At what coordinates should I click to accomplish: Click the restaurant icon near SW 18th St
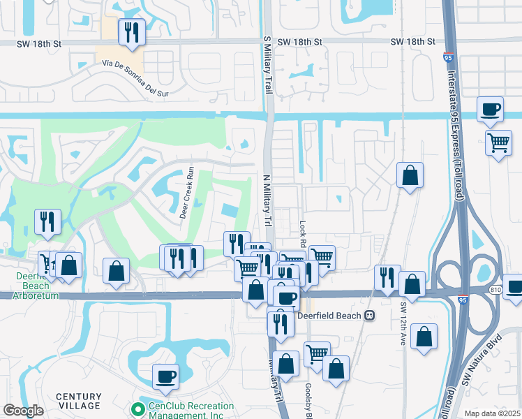coord(130,31)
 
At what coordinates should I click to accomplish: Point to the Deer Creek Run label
coord(186,193)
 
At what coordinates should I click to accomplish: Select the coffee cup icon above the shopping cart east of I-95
coord(490,110)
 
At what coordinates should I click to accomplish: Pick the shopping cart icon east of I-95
coord(498,142)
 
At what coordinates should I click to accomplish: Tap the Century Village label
coord(79,402)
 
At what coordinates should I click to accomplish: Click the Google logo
coord(22,411)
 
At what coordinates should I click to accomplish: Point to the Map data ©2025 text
coord(492,413)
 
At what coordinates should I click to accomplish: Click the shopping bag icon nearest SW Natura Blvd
coord(424,337)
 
